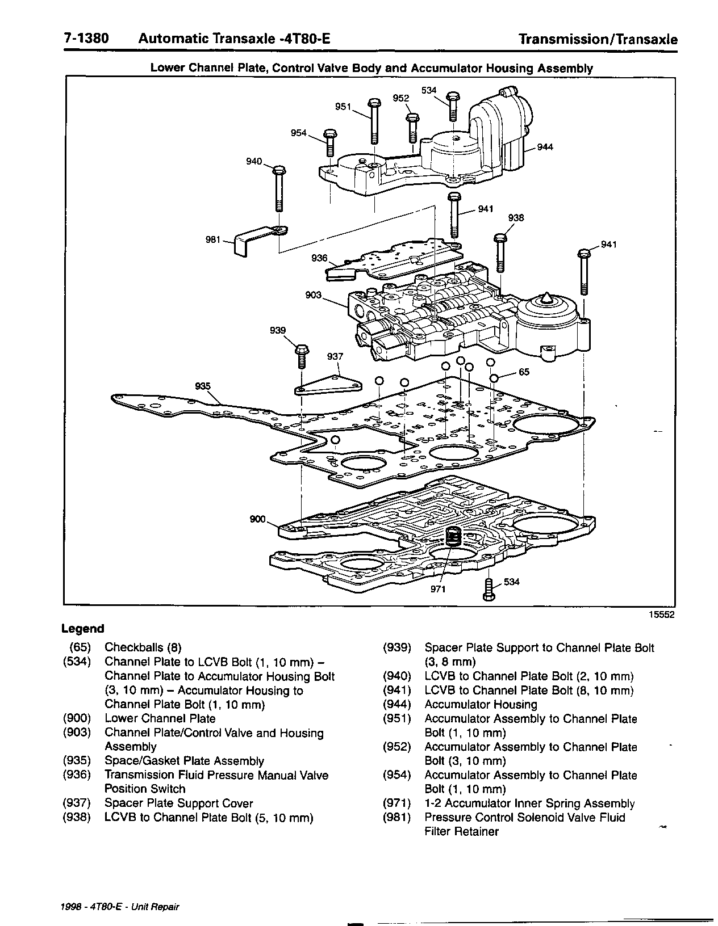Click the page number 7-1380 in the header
[85, 39]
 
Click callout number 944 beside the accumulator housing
[545, 148]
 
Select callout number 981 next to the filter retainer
[213, 240]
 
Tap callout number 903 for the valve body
[313, 295]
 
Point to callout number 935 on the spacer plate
[203, 386]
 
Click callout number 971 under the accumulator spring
[437, 589]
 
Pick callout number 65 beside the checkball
[524, 372]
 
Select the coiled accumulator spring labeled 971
[452, 536]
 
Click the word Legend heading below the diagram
[83, 629]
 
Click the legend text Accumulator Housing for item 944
[481, 705]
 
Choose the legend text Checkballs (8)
[143, 647]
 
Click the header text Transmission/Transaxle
[599, 40]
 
